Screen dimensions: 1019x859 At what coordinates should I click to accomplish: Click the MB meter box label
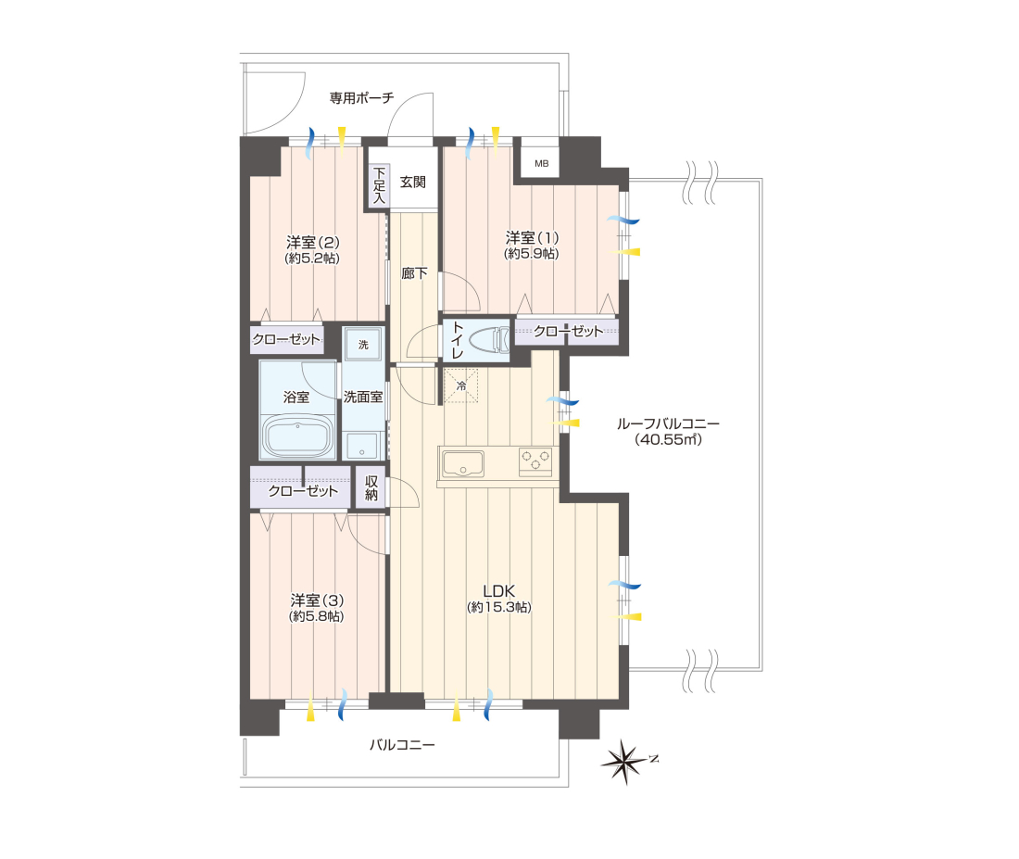click(541, 164)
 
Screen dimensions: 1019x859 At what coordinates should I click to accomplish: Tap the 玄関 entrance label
click(412, 182)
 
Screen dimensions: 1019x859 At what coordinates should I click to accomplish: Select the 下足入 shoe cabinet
click(379, 185)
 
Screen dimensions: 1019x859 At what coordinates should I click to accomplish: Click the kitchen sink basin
click(462, 464)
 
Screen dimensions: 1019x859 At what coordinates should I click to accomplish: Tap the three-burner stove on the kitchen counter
click(535, 461)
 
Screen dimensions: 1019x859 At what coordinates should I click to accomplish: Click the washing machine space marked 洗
click(363, 344)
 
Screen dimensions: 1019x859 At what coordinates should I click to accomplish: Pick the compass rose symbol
click(625, 762)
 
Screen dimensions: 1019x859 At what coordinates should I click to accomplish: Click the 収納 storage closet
click(371, 487)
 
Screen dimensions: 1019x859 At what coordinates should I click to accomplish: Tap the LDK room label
click(499, 591)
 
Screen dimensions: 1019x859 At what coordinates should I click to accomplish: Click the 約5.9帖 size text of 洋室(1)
click(532, 254)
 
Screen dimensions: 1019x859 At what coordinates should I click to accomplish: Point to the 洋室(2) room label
click(312, 243)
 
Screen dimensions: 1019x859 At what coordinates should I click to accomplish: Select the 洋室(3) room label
click(317, 600)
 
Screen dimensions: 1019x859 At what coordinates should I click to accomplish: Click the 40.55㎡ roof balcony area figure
click(668, 439)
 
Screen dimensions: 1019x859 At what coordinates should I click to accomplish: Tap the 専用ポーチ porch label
click(361, 98)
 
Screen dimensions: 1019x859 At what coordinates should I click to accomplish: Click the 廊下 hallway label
click(414, 273)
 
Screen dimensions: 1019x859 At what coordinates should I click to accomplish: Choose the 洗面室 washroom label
click(362, 397)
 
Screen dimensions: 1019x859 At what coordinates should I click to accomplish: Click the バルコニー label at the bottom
click(402, 744)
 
